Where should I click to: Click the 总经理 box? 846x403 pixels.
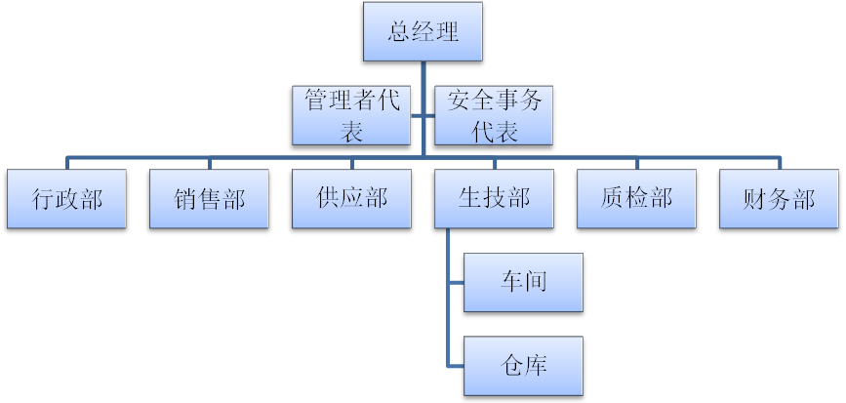(423, 31)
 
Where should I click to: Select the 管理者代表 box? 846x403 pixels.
(352, 115)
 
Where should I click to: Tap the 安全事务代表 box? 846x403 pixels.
(494, 115)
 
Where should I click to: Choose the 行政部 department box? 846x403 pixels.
(66, 199)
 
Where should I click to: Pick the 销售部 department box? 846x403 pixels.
(209, 199)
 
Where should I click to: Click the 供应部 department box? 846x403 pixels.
(351, 199)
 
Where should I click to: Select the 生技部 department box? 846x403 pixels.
(494, 199)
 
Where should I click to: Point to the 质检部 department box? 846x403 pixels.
(636, 199)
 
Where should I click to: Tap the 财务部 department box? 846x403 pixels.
(779, 199)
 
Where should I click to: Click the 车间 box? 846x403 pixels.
(523, 282)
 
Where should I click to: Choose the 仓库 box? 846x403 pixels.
(523, 366)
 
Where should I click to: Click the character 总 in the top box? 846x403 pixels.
(399, 31)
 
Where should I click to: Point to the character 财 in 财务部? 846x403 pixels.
(755, 199)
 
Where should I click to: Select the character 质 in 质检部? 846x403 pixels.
(613, 199)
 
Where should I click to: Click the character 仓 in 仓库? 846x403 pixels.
(510, 366)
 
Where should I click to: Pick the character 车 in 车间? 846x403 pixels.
(510, 282)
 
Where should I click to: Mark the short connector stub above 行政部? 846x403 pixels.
(66, 163)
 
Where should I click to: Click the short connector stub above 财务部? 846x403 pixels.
(780, 163)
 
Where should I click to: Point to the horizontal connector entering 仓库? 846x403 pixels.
(456, 366)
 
